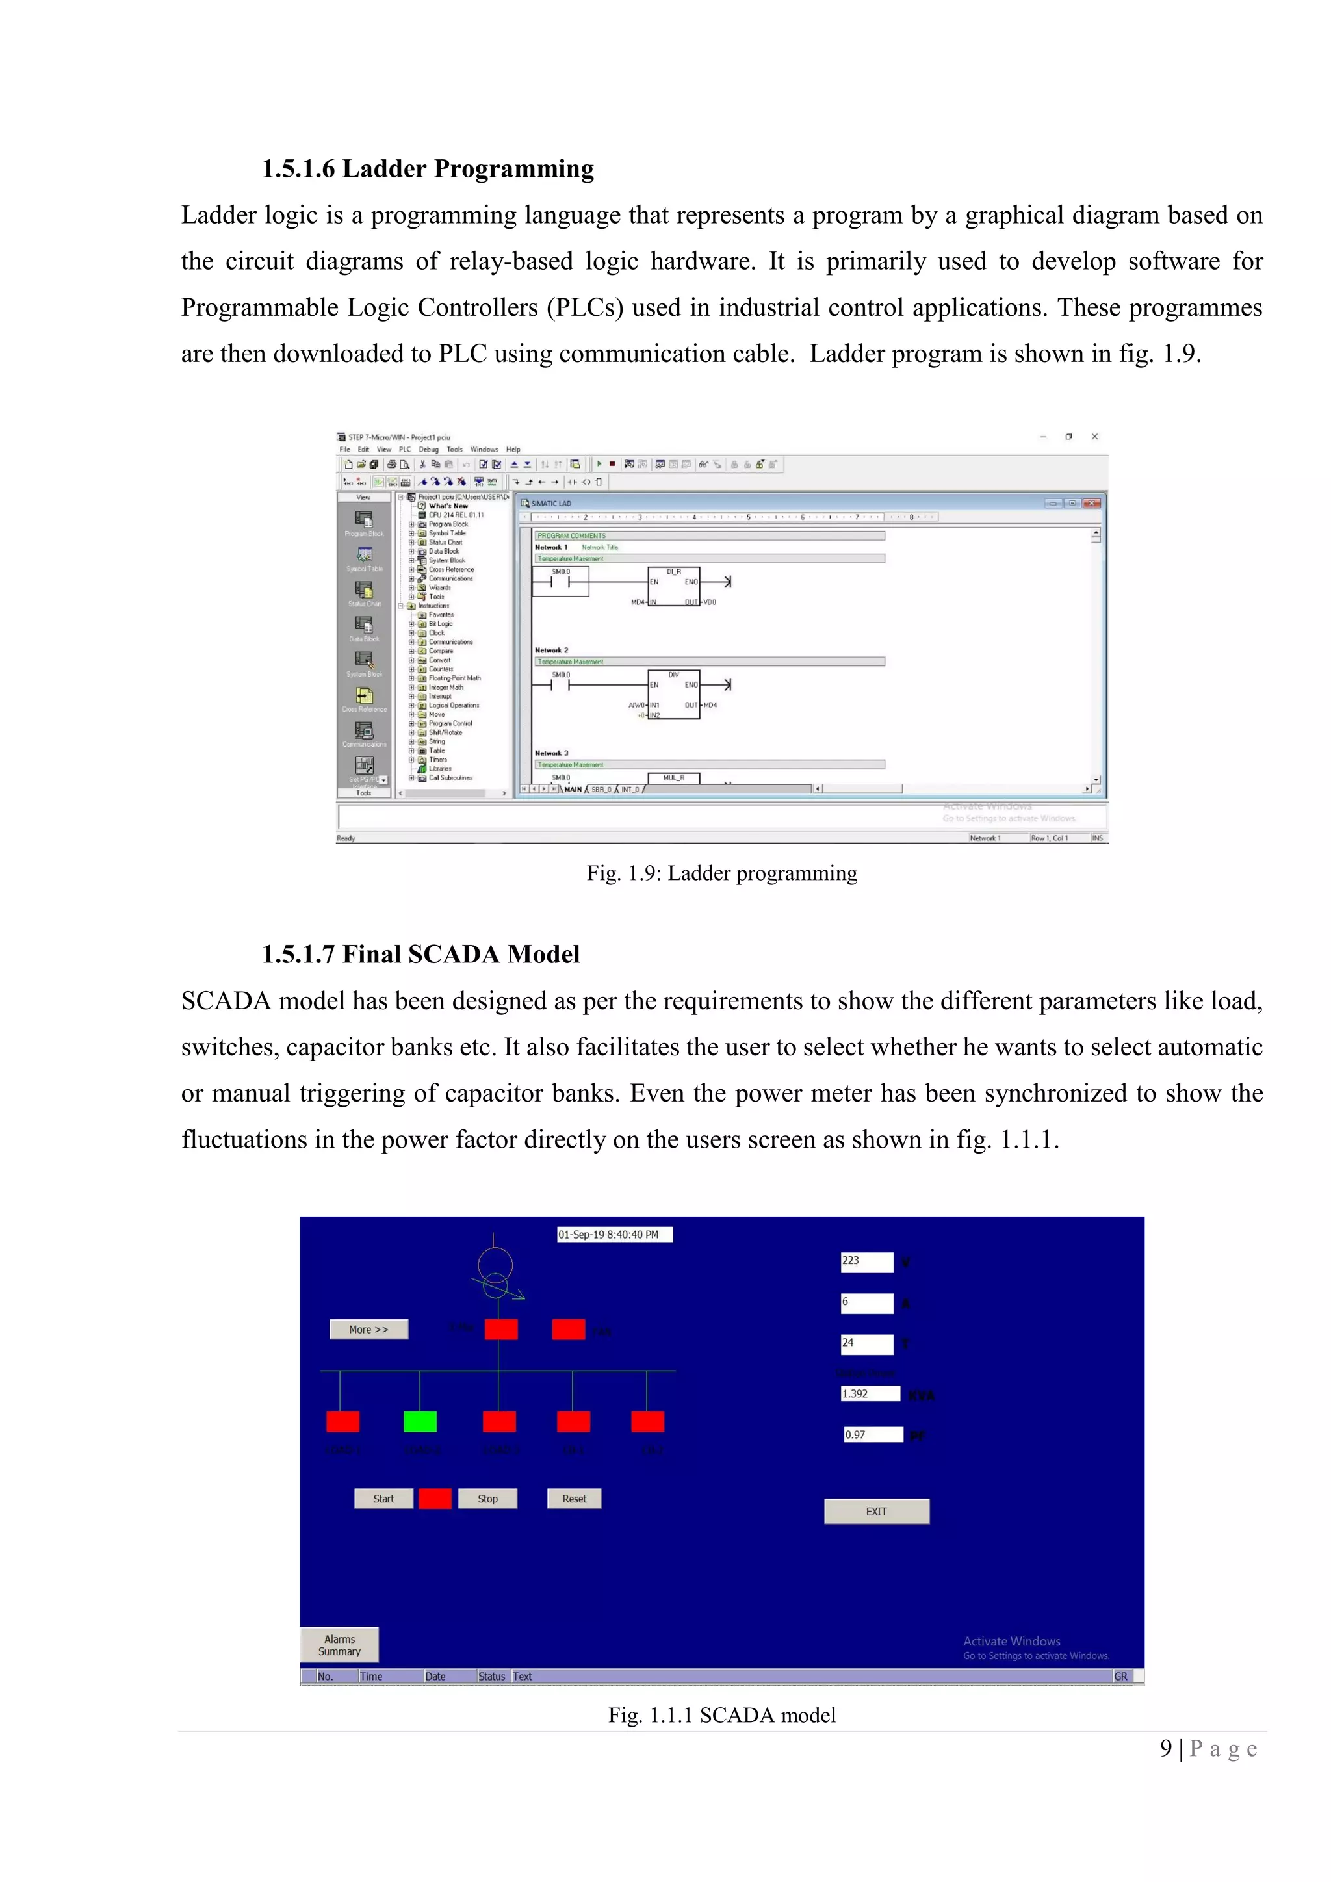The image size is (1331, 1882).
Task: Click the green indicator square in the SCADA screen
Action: [x=420, y=1421]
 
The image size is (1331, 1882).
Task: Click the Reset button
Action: [x=574, y=1499]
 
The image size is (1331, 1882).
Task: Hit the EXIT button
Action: [x=876, y=1511]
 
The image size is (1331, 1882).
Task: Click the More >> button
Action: [x=368, y=1329]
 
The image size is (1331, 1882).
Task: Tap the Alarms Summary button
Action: [x=339, y=1644]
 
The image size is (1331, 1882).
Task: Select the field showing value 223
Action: [x=866, y=1261]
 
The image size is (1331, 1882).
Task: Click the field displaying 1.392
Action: [x=870, y=1393]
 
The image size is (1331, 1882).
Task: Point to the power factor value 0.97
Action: [x=873, y=1434]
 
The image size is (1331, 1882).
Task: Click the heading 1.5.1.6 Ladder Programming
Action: [x=428, y=169]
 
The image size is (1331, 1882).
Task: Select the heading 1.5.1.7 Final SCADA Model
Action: [x=420, y=954]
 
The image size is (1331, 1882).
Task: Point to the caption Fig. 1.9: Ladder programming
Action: [x=721, y=873]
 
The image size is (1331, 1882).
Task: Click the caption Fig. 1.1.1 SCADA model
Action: [x=721, y=1715]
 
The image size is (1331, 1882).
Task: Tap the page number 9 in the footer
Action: [x=1165, y=1748]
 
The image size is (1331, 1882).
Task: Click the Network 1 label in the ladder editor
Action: [x=550, y=547]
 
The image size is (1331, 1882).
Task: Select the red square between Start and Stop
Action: [x=434, y=1499]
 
